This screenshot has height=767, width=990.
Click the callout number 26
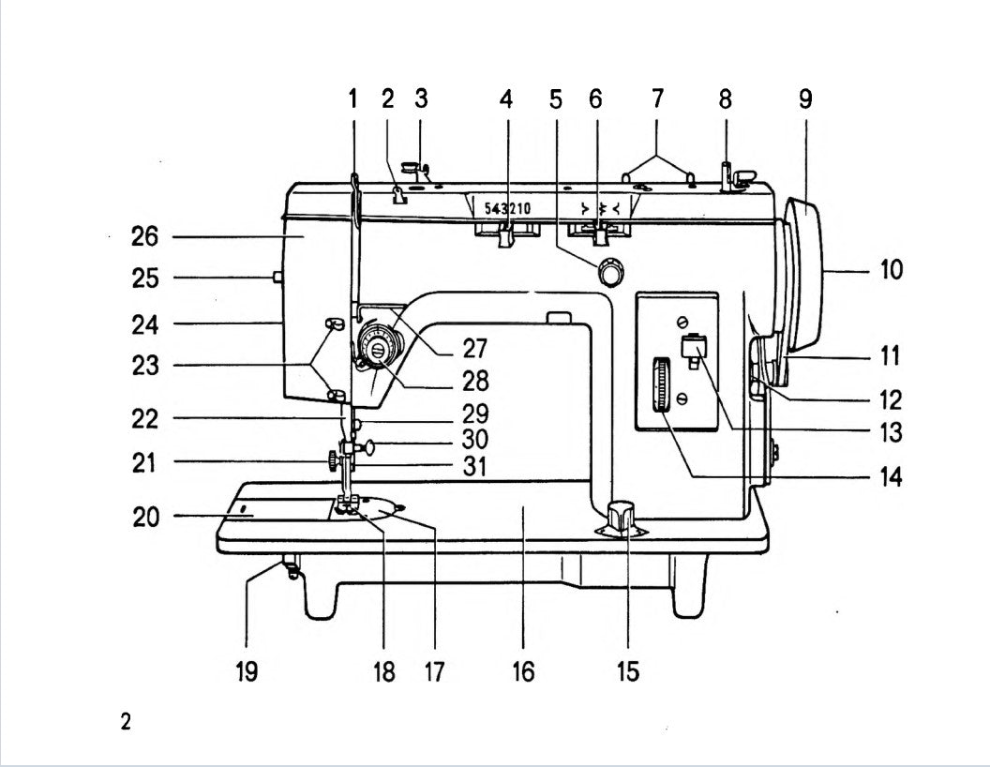click(144, 237)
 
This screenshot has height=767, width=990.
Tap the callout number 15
click(627, 671)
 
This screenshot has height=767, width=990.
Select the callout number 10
click(892, 270)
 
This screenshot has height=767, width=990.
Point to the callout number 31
click(475, 466)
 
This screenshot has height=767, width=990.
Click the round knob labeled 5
click(611, 272)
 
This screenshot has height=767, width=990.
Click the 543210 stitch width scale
click(507, 208)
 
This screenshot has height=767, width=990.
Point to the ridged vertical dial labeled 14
click(663, 383)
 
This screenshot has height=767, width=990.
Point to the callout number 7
click(657, 98)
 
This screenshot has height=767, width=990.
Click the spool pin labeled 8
click(726, 174)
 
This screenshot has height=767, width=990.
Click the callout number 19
click(247, 671)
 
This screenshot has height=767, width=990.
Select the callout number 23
click(144, 367)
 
